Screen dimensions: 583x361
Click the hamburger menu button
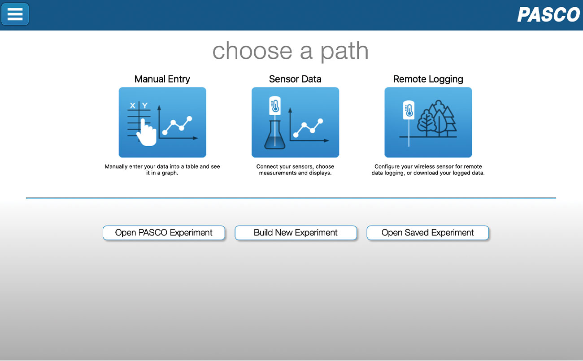[x=15, y=14]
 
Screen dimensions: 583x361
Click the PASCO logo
[x=548, y=14]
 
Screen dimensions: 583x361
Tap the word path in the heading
[x=344, y=51]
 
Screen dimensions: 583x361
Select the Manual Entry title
[x=162, y=79]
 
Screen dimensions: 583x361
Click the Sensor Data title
[x=295, y=79]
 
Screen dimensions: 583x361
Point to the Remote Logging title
[x=428, y=79]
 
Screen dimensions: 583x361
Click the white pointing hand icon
[x=147, y=132]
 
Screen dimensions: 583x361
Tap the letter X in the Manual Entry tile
[x=132, y=105]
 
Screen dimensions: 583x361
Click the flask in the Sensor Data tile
[x=275, y=135]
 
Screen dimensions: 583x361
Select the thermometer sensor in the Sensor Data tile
[x=275, y=106]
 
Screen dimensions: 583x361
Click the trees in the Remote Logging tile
[x=437, y=119]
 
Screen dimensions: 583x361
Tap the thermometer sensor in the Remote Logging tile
[x=409, y=110]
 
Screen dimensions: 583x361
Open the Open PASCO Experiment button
[x=164, y=233]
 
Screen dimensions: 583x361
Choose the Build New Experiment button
[x=296, y=233]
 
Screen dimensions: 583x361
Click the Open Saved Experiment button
[x=428, y=233]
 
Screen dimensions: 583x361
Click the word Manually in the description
[x=116, y=166]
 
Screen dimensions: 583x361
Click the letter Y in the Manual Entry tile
[x=145, y=105]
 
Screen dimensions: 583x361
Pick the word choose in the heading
[x=252, y=51]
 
